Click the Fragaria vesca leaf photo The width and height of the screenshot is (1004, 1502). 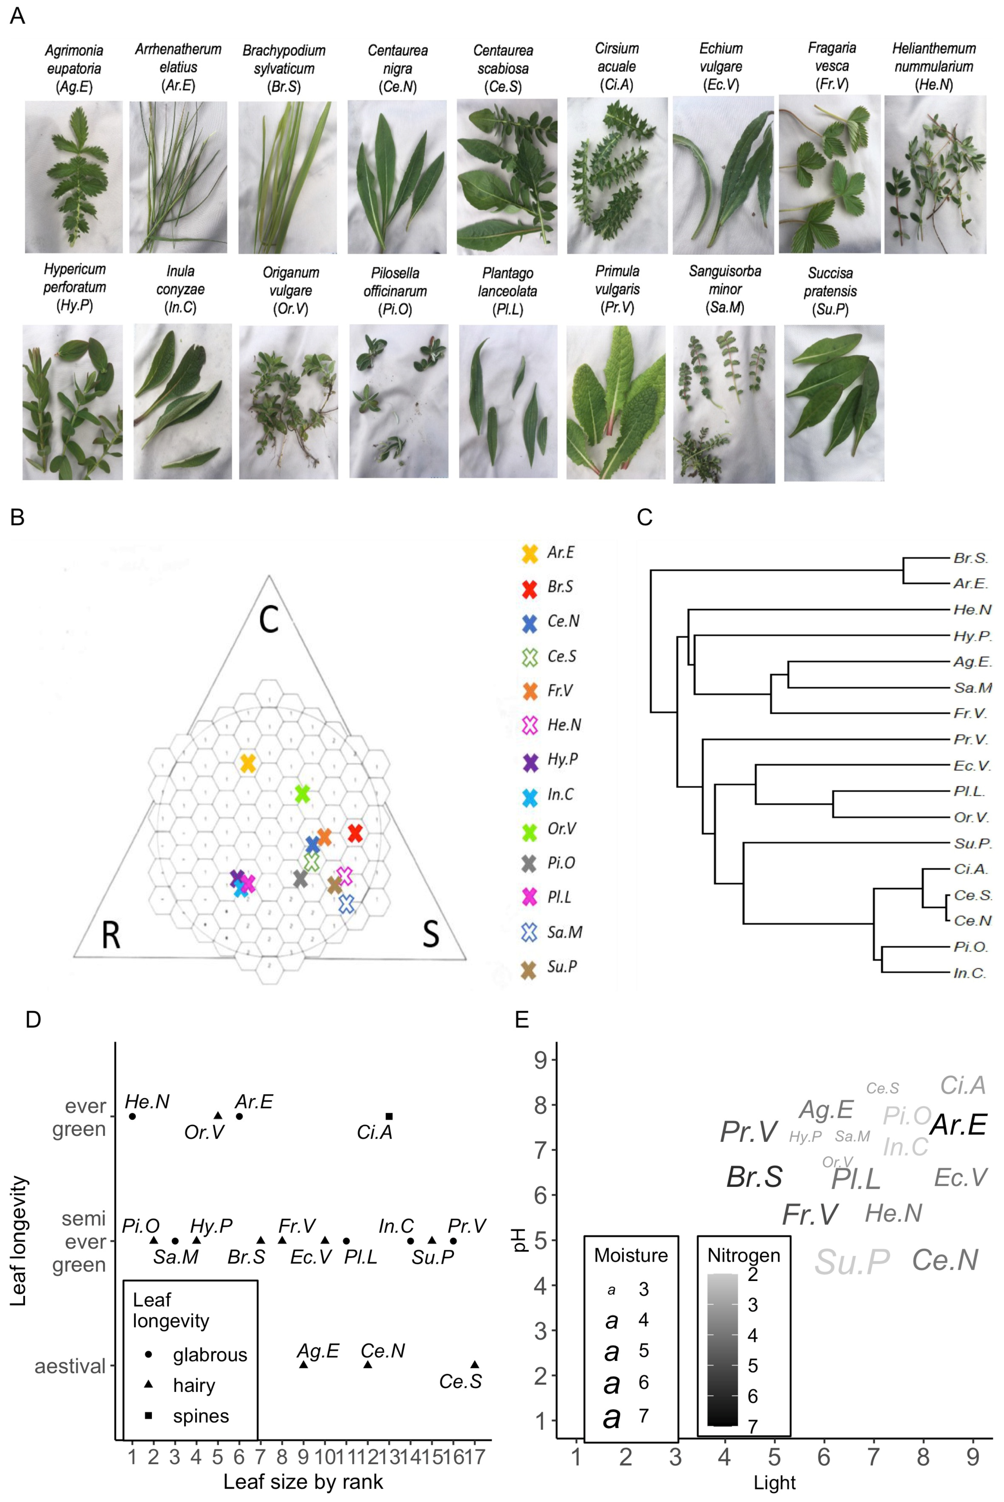[830, 174]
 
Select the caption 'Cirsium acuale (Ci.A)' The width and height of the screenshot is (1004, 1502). [617, 67]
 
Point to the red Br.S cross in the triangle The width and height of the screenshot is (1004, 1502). [355, 833]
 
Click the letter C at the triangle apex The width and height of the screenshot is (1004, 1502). [269, 619]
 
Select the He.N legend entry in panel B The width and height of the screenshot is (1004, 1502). [552, 725]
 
